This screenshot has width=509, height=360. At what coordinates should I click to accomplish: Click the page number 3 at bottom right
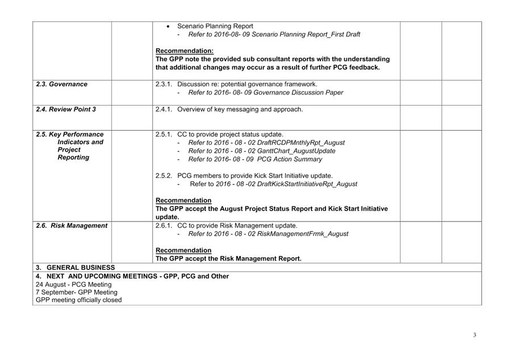tap(475, 335)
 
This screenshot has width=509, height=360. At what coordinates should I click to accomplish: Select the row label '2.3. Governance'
tap(62, 84)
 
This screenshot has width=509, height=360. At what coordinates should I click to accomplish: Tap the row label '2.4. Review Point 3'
tap(66, 109)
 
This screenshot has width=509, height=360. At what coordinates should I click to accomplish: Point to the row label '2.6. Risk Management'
tap(72, 225)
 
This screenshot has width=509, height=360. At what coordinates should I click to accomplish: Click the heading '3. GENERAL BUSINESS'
tap(75, 267)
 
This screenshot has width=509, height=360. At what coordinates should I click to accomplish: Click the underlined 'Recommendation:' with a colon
tap(185, 51)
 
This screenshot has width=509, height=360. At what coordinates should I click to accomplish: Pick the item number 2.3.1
tap(165, 84)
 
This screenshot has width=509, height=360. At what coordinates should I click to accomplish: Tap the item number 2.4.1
tap(165, 109)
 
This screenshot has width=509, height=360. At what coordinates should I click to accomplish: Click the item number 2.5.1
tap(165, 135)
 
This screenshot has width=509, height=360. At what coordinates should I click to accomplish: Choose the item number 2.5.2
tap(165, 175)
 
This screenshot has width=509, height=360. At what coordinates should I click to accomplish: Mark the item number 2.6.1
tap(165, 225)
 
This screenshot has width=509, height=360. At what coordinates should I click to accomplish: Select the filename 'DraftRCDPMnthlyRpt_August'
tap(300, 143)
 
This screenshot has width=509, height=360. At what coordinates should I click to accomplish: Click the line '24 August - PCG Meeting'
tap(74, 284)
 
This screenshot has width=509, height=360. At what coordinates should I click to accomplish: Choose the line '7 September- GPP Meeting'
tap(77, 292)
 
